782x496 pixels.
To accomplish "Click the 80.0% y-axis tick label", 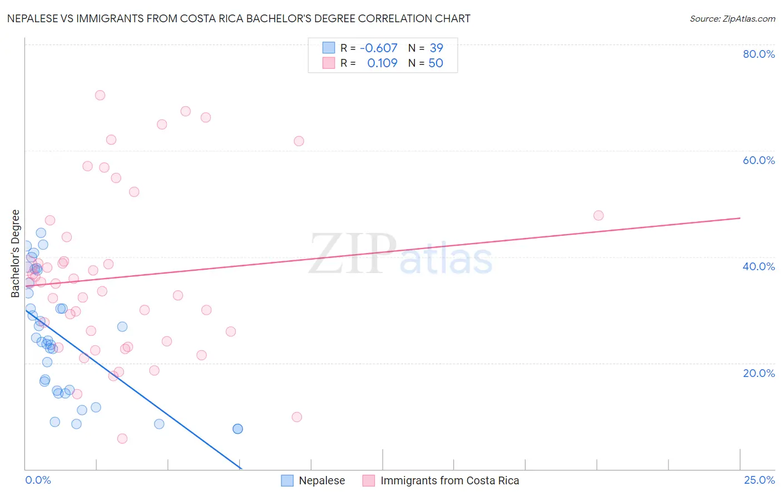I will [x=759, y=54].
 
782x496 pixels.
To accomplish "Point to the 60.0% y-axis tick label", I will [x=759, y=160].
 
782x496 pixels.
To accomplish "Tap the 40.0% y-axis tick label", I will [x=759, y=266].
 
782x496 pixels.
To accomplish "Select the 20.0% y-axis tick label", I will [x=759, y=373].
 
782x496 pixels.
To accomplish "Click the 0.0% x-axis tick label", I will [x=38, y=480].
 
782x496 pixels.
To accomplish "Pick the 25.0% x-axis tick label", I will [x=759, y=480].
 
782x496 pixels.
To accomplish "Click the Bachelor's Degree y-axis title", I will [x=16, y=254].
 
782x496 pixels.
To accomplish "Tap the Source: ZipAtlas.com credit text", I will [x=732, y=18].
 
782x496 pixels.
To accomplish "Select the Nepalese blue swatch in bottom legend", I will [x=287, y=480].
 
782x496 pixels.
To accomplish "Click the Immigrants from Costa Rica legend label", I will [x=449, y=480].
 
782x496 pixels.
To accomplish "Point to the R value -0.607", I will [x=378, y=48].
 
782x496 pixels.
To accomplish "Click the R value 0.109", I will [x=382, y=63].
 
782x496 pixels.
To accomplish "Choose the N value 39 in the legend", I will [x=436, y=48].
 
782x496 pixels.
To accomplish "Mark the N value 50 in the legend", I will [x=435, y=63].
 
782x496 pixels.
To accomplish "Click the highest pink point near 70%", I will [x=100, y=95].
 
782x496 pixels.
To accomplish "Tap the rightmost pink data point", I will [x=598, y=215].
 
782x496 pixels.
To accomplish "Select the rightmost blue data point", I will [x=237, y=429].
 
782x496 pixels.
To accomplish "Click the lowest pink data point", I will [x=122, y=439].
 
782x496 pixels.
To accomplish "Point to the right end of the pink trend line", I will [x=740, y=218].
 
